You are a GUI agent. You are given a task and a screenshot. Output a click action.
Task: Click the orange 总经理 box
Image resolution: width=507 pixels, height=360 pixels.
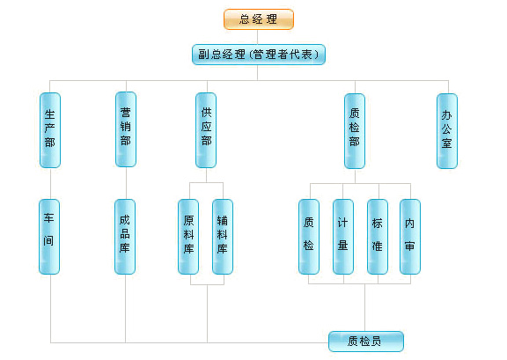click(x=259, y=19)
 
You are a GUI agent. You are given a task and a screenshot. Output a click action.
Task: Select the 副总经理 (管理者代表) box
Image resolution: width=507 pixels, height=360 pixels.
click(x=259, y=55)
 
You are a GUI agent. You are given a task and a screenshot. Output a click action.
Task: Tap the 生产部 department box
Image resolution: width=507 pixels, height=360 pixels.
click(x=50, y=130)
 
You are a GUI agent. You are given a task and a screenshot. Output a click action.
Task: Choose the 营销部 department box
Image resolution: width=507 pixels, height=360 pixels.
click(x=126, y=129)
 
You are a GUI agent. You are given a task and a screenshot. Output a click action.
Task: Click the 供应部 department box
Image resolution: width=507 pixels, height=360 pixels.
click(x=206, y=130)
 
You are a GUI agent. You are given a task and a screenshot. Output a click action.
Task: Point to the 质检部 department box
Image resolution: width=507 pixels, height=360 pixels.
click(x=355, y=131)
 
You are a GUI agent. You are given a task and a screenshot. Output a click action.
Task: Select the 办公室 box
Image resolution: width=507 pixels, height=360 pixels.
click(x=447, y=131)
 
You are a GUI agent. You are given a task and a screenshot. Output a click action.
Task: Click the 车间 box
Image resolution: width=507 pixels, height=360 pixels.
click(x=49, y=237)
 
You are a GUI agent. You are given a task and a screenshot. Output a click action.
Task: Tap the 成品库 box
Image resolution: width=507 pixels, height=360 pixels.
click(x=125, y=237)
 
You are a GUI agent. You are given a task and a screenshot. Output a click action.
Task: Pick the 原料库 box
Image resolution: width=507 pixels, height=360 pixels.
click(x=188, y=237)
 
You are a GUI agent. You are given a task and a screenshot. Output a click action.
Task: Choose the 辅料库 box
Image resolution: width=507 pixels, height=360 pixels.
click(x=223, y=237)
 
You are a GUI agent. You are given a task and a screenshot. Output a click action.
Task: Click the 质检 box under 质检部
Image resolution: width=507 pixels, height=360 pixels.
click(x=309, y=237)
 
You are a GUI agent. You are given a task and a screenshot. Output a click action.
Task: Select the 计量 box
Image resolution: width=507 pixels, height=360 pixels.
click(x=343, y=237)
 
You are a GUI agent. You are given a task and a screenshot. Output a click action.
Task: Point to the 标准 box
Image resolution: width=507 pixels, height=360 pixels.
click(x=378, y=237)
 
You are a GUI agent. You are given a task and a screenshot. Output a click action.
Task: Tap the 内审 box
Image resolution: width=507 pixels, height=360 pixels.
click(x=410, y=237)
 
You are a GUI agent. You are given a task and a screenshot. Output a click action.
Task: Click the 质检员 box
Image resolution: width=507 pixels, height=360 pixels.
click(x=366, y=342)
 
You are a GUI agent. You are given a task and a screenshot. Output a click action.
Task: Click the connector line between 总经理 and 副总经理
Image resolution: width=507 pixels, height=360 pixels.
click(x=257, y=37)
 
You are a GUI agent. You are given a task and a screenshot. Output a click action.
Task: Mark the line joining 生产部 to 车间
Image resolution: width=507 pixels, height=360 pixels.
click(x=50, y=183)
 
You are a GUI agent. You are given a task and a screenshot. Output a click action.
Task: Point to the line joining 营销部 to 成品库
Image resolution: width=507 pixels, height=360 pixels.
click(x=126, y=183)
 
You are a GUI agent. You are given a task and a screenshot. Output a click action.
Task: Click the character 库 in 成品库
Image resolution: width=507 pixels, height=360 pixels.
click(x=125, y=247)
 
